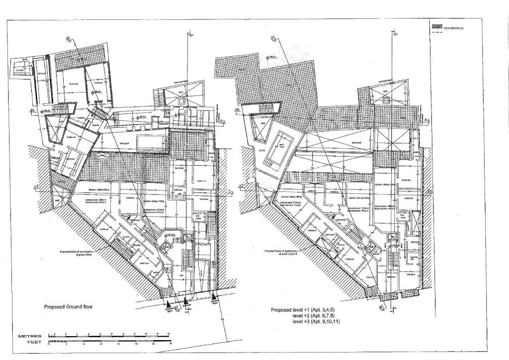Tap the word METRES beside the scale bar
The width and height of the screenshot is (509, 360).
[29, 336]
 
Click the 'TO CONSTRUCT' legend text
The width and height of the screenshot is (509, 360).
[453, 29]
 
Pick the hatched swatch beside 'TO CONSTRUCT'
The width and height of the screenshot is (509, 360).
[436, 27]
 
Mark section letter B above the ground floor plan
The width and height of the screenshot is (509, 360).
[68, 38]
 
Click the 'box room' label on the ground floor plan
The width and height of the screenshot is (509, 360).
[199, 218]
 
